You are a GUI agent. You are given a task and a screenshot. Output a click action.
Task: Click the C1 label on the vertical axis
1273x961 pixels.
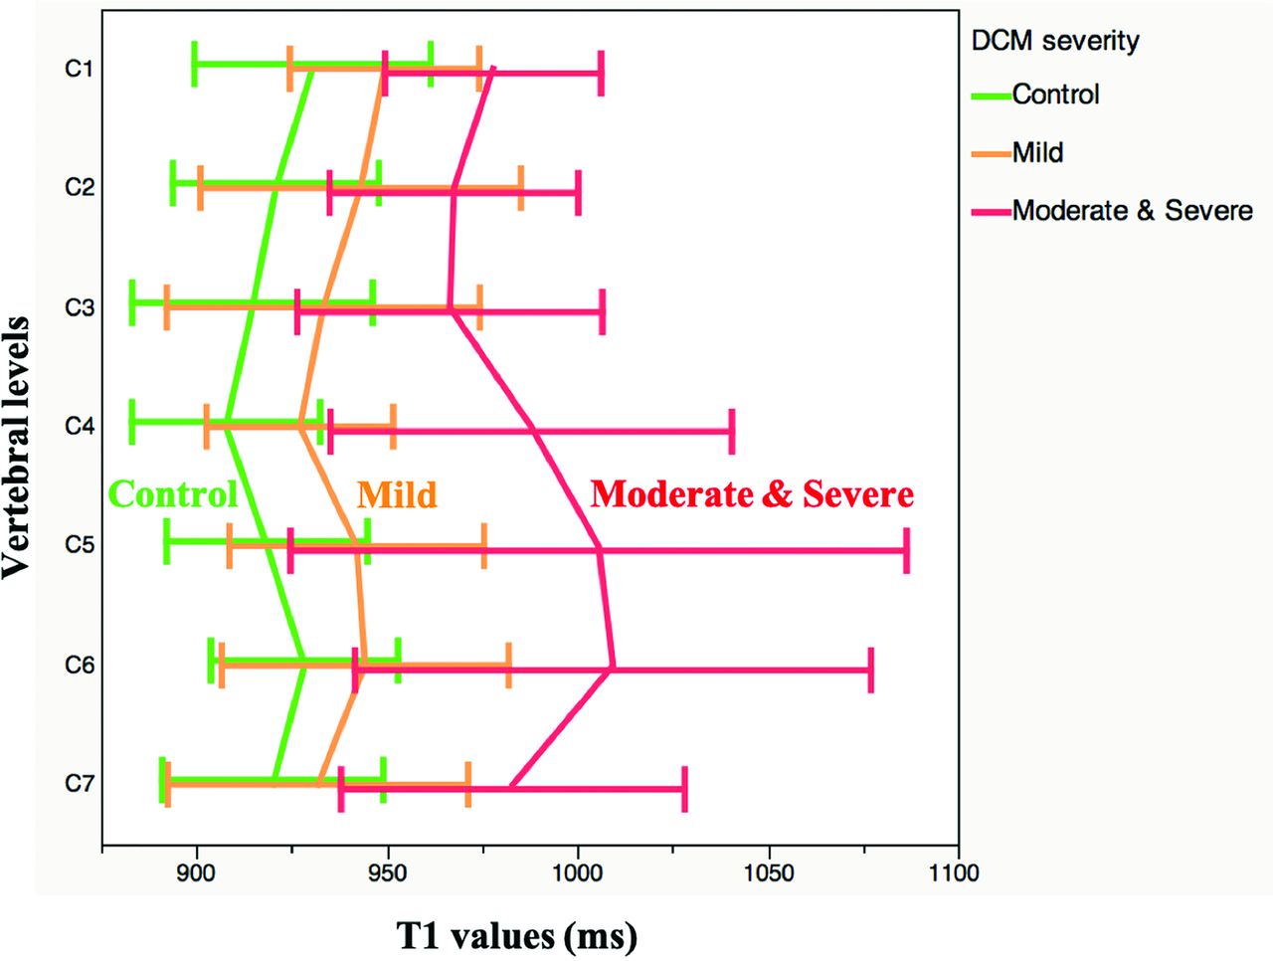click(x=79, y=69)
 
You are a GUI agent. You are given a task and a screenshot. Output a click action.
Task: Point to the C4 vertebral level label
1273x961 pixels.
click(x=79, y=426)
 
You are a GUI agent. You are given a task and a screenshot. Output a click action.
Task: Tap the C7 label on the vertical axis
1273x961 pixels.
click(x=79, y=783)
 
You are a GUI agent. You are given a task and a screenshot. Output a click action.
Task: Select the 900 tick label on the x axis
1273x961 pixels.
click(x=197, y=874)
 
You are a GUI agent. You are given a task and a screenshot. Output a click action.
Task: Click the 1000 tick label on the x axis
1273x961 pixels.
click(x=578, y=874)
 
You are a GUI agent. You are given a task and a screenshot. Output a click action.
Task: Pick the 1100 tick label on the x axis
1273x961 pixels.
click(x=958, y=874)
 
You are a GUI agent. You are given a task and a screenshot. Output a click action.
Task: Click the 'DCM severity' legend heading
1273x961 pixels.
click(x=1054, y=41)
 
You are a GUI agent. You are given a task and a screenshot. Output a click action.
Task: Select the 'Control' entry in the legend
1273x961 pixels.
click(x=1055, y=95)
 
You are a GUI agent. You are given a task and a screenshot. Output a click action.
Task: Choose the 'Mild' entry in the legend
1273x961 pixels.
click(x=1037, y=152)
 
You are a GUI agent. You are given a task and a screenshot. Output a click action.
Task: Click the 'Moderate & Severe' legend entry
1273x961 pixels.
click(x=1132, y=211)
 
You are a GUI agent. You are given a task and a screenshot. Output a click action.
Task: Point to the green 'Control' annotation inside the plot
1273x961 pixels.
click(x=173, y=494)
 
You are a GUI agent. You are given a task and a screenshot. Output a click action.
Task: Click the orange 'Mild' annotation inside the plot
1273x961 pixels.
click(x=397, y=494)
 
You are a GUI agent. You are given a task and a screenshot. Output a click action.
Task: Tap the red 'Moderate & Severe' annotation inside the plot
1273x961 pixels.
click(x=752, y=494)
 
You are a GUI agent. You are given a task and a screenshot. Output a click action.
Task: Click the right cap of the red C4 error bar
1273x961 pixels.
click(x=732, y=431)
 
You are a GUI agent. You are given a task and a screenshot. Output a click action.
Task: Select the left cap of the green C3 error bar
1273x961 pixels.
click(x=132, y=302)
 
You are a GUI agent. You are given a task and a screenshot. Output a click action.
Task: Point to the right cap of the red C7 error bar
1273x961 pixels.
click(x=684, y=789)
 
